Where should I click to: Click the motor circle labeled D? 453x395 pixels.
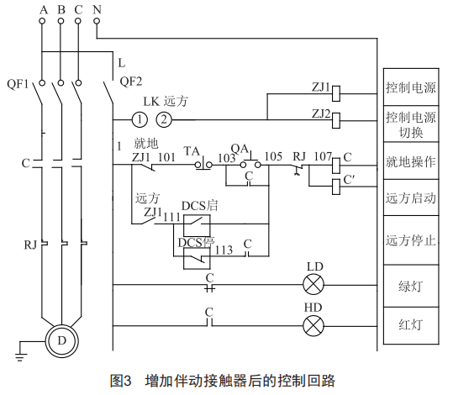[x=62, y=341]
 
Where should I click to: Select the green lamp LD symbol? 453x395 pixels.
[x=313, y=285]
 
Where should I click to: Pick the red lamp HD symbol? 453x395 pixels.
[x=313, y=326]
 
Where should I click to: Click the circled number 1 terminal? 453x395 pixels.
[x=140, y=119]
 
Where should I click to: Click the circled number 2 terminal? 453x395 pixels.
[x=164, y=119]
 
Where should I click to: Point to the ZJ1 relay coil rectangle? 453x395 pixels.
[x=336, y=93]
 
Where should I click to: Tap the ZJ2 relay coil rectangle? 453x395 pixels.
[x=336, y=120]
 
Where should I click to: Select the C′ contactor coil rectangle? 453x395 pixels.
[x=336, y=187]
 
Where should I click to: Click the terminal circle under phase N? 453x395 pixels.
[x=97, y=21]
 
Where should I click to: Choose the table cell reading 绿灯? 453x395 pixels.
[x=411, y=286]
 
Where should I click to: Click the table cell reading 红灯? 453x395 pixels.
[x=411, y=325]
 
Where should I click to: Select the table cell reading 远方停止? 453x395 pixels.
[x=411, y=240]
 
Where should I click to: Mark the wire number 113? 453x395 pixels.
[x=224, y=250]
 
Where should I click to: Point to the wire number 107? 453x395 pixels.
[x=323, y=156]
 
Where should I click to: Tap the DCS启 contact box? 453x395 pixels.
[x=197, y=226]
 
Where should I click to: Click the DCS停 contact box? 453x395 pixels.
[x=197, y=258]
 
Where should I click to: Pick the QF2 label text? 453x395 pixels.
[x=131, y=82]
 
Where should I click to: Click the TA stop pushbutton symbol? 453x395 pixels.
[x=203, y=164]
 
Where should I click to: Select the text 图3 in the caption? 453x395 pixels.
[x=121, y=381]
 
